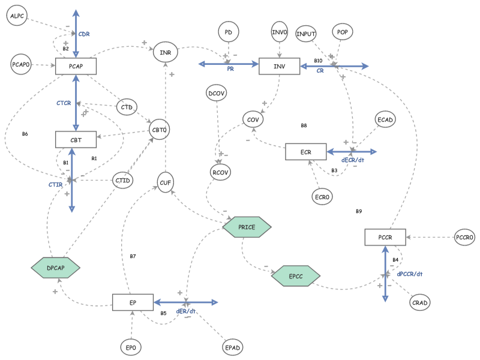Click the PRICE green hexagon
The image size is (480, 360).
(x=247, y=227)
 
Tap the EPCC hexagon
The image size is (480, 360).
(x=296, y=276)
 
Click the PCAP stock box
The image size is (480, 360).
(x=76, y=66)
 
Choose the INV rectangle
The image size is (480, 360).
(x=279, y=66)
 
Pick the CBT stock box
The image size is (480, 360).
(x=76, y=140)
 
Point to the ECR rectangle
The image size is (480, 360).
(x=305, y=152)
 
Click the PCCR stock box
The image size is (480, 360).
(x=385, y=237)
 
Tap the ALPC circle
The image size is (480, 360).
(x=17, y=17)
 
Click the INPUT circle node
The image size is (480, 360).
(x=306, y=34)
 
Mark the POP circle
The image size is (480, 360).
(x=342, y=32)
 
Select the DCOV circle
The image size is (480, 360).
(x=215, y=94)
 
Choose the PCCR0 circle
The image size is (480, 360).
(x=464, y=237)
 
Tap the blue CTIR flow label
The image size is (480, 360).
(x=56, y=185)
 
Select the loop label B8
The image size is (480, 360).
(x=304, y=125)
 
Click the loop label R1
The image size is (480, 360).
(x=94, y=158)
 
